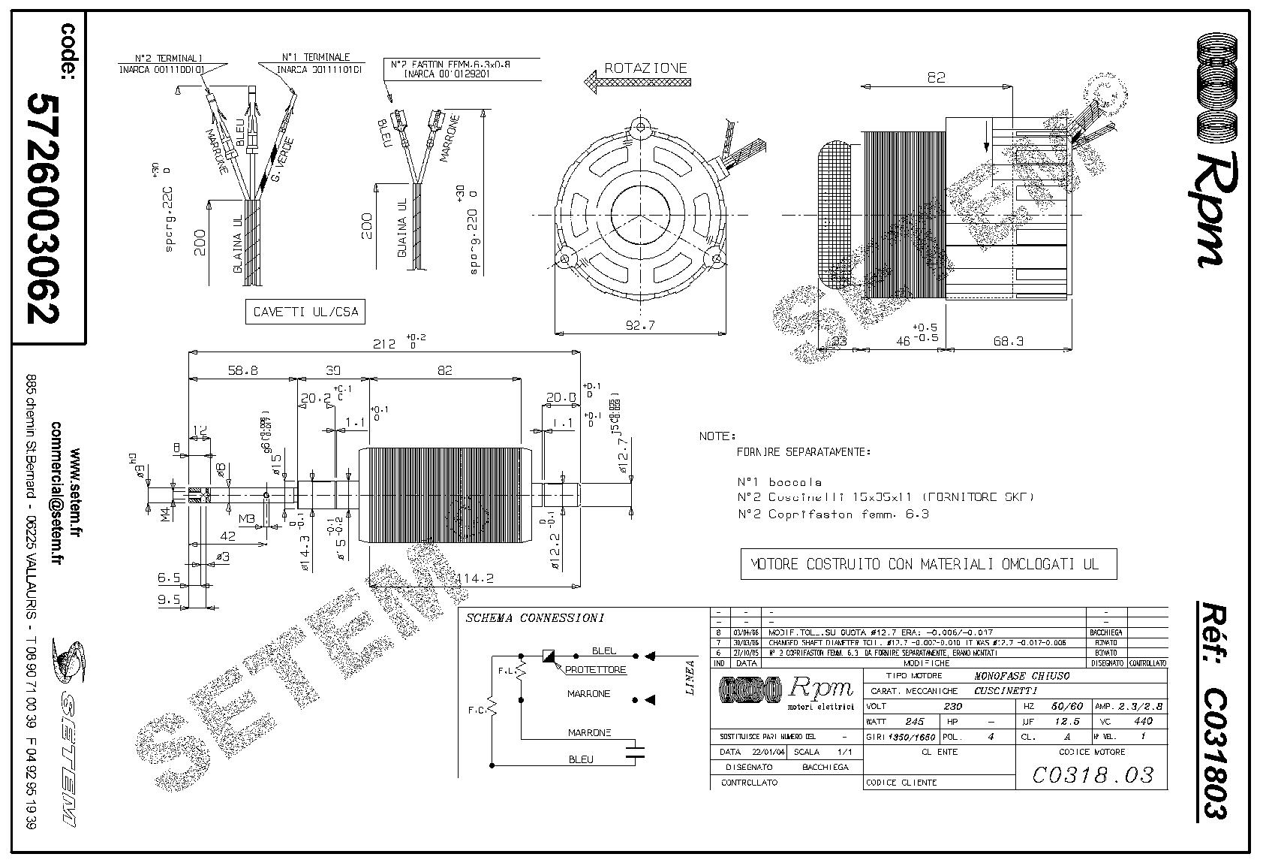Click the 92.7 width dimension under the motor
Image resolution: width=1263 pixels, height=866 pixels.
639,325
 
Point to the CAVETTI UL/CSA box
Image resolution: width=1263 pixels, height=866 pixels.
305,312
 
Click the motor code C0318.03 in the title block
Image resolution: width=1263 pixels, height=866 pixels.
1092,774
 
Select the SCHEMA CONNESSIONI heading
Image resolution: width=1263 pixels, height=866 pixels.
534,618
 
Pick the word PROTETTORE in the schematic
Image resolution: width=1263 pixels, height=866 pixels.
595,669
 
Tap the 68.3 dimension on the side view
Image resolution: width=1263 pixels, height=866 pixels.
1008,341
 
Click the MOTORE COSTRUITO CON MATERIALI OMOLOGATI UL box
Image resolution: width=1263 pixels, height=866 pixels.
928,564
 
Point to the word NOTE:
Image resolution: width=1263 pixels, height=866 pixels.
717,436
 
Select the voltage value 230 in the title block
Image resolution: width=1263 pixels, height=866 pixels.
952,706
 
